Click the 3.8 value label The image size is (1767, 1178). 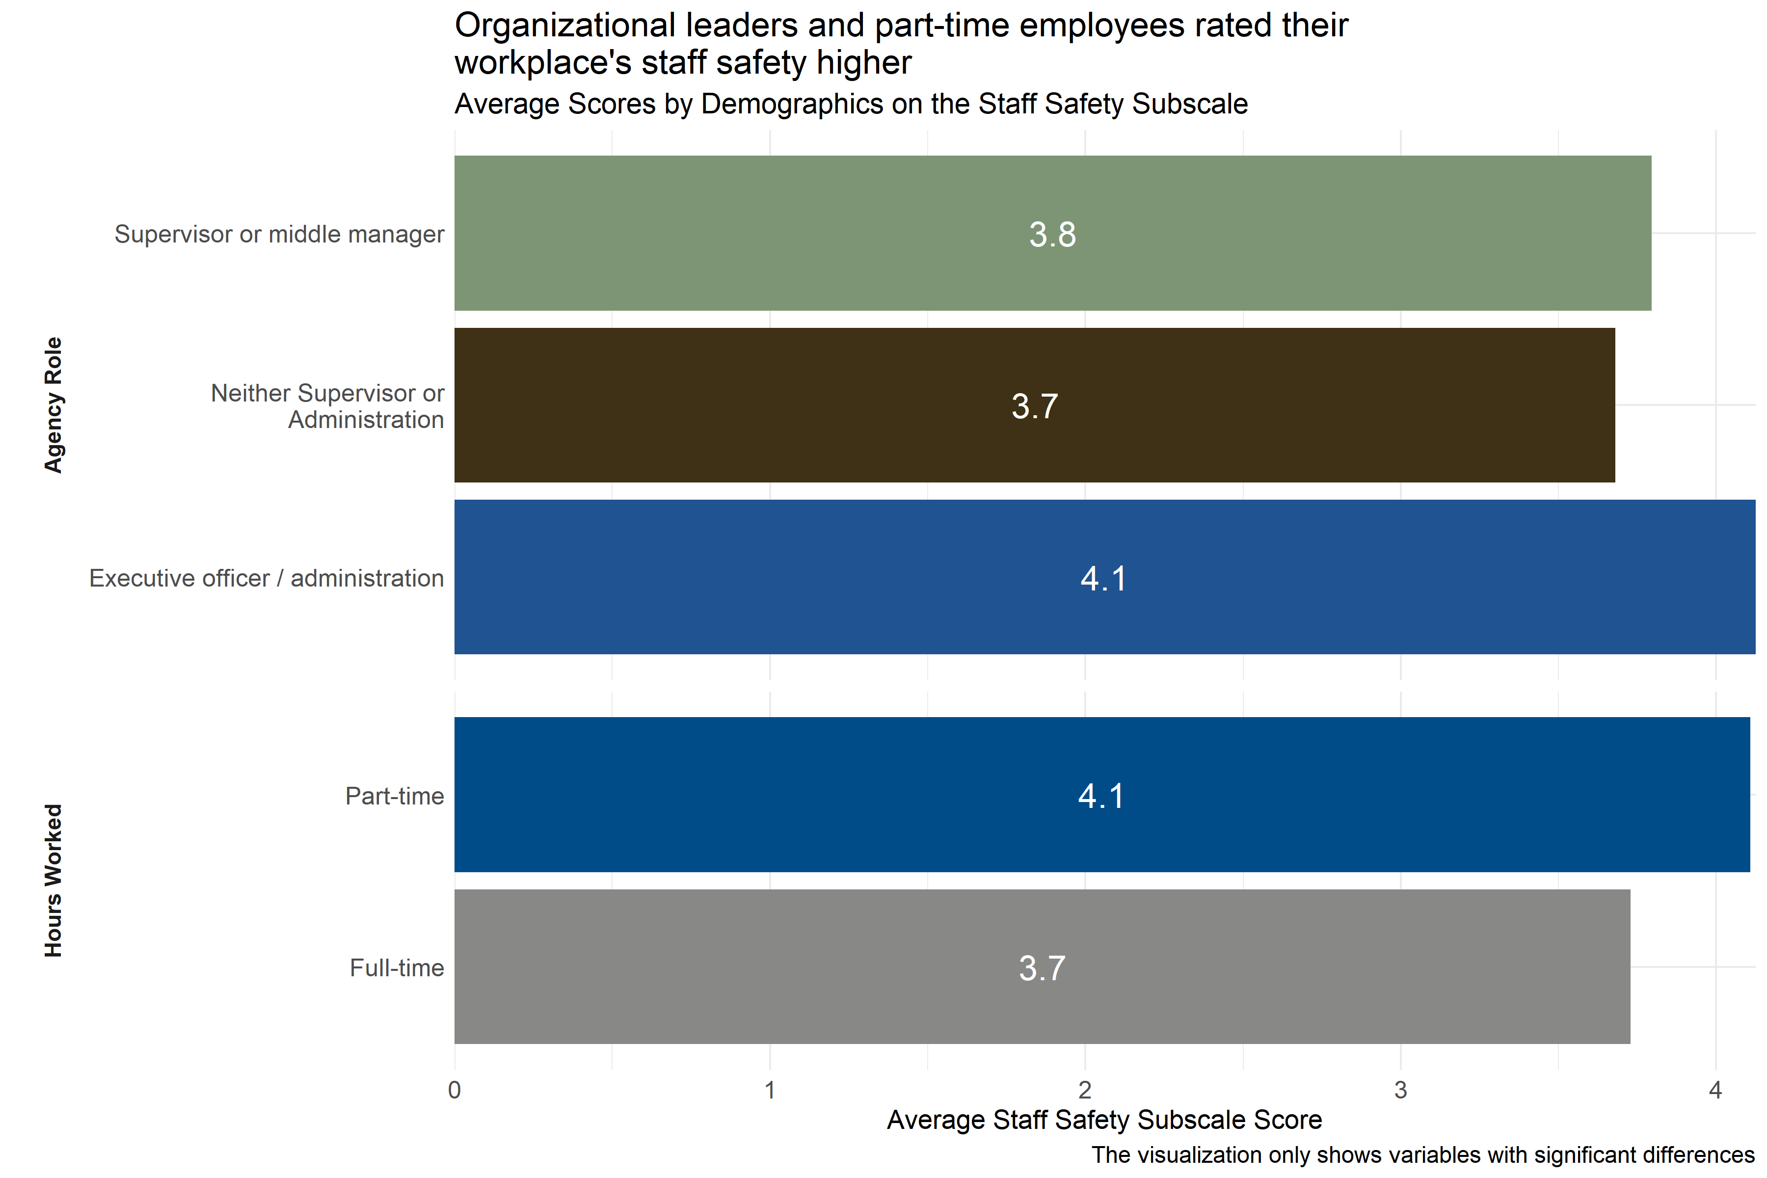click(1052, 235)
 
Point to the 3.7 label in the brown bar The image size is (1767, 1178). click(1035, 406)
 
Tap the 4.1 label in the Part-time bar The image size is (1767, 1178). click(1101, 796)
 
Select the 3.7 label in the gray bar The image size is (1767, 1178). click(1042, 968)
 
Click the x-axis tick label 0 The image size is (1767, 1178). click(455, 1090)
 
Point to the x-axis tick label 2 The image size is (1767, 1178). click(1085, 1090)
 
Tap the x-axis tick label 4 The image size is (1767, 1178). click(1715, 1090)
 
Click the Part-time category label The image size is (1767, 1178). click(395, 796)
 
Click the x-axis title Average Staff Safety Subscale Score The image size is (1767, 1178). click(1104, 1120)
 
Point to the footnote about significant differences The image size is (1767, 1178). click(1422, 1155)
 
